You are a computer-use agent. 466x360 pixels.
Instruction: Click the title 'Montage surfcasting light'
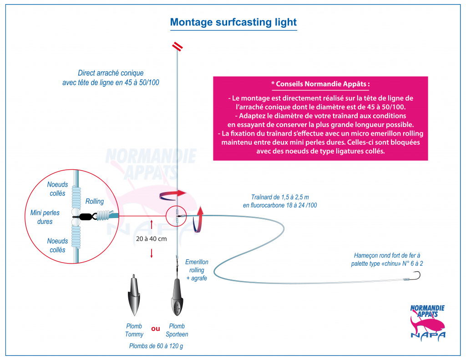coord(233,22)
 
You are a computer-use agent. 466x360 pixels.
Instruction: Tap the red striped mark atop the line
coord(177,46)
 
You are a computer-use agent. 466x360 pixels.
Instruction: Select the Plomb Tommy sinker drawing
coord(134,295)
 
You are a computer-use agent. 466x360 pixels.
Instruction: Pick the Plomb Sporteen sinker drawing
coord(177,297)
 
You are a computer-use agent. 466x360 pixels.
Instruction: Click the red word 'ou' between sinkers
coord(156,329)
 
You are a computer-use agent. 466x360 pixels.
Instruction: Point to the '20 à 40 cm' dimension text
coord(151,239)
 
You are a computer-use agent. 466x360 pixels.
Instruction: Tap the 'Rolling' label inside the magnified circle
coord(95,201)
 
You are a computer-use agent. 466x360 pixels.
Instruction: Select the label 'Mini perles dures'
coord(45,217)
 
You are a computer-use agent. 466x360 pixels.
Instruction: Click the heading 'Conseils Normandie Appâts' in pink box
coord(321,84)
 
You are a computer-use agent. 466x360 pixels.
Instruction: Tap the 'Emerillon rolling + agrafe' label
coord(197,270)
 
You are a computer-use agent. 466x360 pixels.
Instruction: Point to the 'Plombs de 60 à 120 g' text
coord(156,346)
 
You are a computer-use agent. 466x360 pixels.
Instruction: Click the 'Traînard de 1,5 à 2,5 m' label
coord(280,197)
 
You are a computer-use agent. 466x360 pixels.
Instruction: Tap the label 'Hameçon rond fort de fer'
coord(387,255)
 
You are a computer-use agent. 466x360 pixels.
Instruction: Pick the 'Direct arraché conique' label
coord(111,73)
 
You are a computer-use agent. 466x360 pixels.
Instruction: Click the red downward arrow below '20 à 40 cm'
coord(152,253)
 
